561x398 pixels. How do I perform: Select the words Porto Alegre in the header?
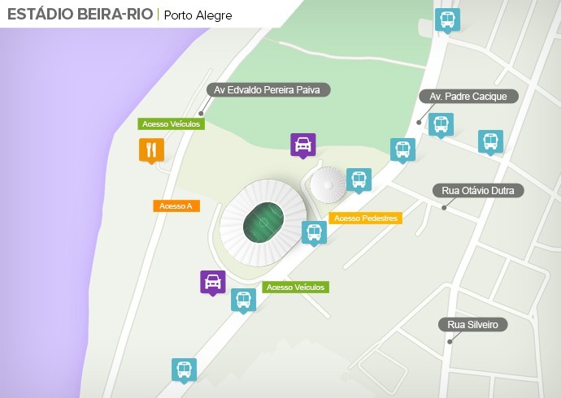point(198,15)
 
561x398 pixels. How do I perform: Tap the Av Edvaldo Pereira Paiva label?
point(268,90)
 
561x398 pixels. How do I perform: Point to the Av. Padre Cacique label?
point(468,97)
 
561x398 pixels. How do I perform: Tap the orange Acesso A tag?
point(176,206)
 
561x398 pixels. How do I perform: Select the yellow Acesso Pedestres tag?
point(366,218)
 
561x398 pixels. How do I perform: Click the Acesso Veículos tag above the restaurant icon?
point(171,124)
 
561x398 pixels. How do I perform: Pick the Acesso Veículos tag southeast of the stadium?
point(295,288)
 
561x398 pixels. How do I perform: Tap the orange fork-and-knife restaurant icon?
point(151,149)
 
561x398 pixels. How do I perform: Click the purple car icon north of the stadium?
point(303,145)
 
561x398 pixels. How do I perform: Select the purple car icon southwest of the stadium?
point(213,282)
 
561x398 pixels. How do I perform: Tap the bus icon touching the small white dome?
point(359,180)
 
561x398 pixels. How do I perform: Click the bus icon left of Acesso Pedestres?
point(314,231)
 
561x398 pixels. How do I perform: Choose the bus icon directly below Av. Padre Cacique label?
point(441,124)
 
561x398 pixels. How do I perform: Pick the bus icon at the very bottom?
point(185,370)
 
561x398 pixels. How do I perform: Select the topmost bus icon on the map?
point(446,19)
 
